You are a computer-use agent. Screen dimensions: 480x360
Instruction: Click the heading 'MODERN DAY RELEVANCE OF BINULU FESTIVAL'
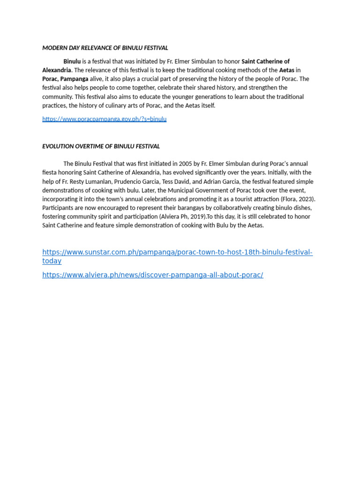tap(105, 48)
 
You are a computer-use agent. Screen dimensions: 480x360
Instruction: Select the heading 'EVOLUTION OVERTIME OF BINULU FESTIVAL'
tap(101, 146)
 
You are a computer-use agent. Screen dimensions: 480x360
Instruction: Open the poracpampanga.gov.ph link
tap(104, 119)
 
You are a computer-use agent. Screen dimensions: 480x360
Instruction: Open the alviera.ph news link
tap(153, 275)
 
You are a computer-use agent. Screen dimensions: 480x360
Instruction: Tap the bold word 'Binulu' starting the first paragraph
tap(72, 61)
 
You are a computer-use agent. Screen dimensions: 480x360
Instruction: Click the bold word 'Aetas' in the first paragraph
tap(286, 70)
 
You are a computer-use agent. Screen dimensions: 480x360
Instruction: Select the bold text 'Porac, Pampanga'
tap(65, 79)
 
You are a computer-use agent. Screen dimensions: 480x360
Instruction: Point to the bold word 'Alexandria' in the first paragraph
tap(56, 70)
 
